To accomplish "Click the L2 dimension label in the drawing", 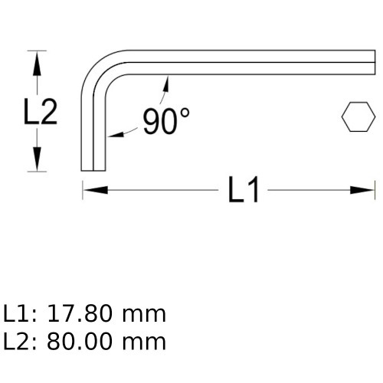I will (38, 113).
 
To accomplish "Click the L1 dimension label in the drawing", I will (244, 190).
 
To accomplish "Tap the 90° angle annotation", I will (164, 121).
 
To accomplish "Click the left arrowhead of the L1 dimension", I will (92, 189).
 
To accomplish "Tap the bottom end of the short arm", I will (92, 170).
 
